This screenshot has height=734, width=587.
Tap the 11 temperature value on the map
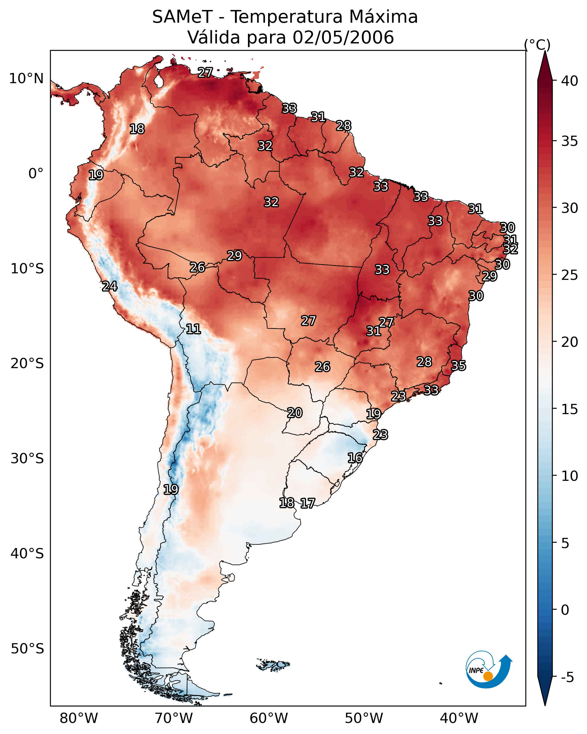point(193,329)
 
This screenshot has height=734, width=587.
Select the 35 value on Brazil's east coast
point(458,366)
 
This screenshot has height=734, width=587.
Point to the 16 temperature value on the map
point(355,458)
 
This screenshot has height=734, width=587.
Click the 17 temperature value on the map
point(308,503)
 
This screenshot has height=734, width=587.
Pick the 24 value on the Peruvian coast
point(110,286)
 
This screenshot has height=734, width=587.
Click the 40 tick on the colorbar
point(570,81)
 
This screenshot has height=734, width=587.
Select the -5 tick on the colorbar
point(567,678)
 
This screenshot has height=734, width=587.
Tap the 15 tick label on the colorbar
point(570,409)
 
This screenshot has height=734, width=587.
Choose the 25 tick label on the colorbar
point(570,275)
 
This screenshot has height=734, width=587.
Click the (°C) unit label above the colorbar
point(537,45)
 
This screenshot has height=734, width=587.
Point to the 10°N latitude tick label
point(26,79)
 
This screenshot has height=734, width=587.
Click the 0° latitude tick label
point(36,174)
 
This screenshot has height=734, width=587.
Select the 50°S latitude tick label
point(27,649)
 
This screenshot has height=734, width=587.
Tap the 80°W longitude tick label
point(79,718)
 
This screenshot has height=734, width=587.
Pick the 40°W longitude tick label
point(459,718)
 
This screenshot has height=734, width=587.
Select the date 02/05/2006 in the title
point(343,37)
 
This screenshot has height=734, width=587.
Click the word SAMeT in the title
point(183,17)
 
